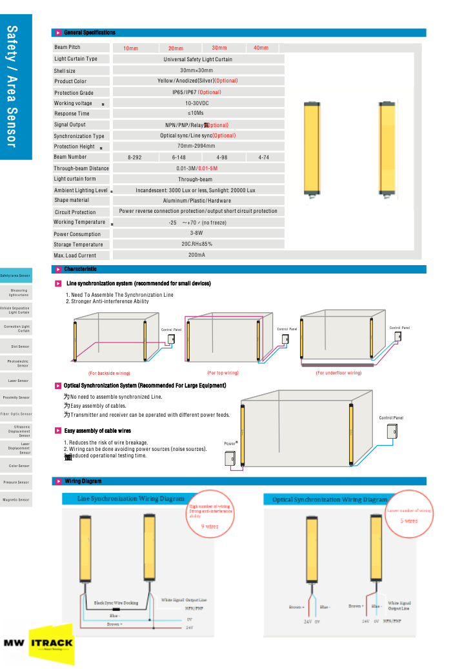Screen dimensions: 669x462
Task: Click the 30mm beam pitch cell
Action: click(x=219, y=48)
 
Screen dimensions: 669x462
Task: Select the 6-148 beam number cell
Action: click(x=179, y=157)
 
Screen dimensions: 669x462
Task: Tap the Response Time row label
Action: click(x=72, y=114)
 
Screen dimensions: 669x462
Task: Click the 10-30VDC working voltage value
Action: click(x=198, y=103)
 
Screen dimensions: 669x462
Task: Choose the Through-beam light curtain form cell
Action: click(x=196, y=179)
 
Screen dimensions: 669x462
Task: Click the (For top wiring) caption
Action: click(x=223, y=373)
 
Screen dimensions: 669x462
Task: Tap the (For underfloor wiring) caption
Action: click(x=338, y=373)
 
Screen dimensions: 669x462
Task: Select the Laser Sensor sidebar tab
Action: click(x=15, y=381)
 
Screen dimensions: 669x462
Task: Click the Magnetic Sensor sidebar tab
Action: click(x=15, y=499)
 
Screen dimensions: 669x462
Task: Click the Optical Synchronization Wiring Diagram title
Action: click(x=330, y=499)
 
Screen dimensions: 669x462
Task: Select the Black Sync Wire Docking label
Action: click(x=116, y=603)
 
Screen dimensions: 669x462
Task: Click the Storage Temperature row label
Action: click(x=78, y=245)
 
